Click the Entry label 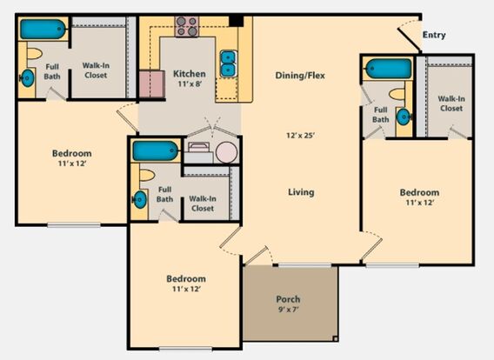(x=434, y=35)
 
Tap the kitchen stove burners (x=187, y=26)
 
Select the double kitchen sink (x=228, y=63)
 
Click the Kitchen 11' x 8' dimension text (x=190, y=83)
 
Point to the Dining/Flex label (x=300, y=76)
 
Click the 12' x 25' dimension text (x=301, y=136)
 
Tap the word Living (x=301, y=192)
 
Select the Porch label (x=288, y=299)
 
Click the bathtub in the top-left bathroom (x=43, y=29)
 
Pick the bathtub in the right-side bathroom (x=389, y=69)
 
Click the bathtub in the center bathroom (x=156, y=151)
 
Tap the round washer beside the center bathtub (x=226, y=152)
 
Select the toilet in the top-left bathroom (x=34, y=54)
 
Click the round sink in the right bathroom (x=404, y=117)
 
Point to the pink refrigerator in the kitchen (x=152, y=84)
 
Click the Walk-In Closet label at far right (x=451, y=103)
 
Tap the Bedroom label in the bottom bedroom (x=186, y=279)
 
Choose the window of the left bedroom (x=74, y=225)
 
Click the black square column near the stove (x=236, y=21)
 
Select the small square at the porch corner (x=336, y=339)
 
